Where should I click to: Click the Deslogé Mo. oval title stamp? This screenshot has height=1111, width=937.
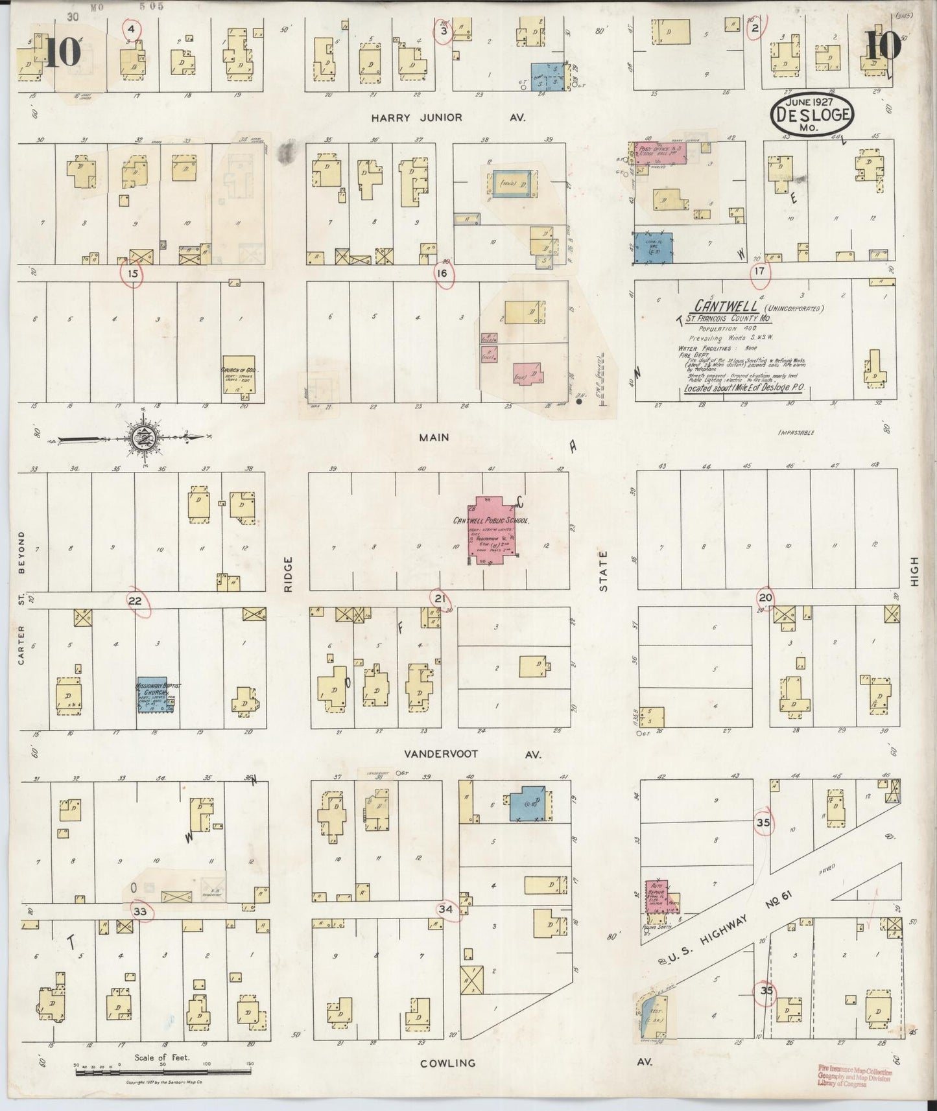pyautogui.click(x=811, y=115)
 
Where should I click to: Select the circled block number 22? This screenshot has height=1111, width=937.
pyautogui.click(x=135, y=601)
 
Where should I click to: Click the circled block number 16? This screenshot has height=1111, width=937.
pyautogui.click(x=442, y=273)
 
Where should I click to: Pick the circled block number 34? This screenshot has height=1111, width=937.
pyautogui.click(x=445, y=909)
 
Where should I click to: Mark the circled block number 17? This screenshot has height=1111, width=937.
pyautogui.click(x=759, y=272)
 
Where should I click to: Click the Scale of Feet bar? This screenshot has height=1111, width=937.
pyautogui.click(x=162, y=1073)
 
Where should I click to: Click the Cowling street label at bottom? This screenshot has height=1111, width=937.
pyautogui.click(x=447, y=1063)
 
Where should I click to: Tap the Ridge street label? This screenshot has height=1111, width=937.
pyautogui.click(x=288, y=573)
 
